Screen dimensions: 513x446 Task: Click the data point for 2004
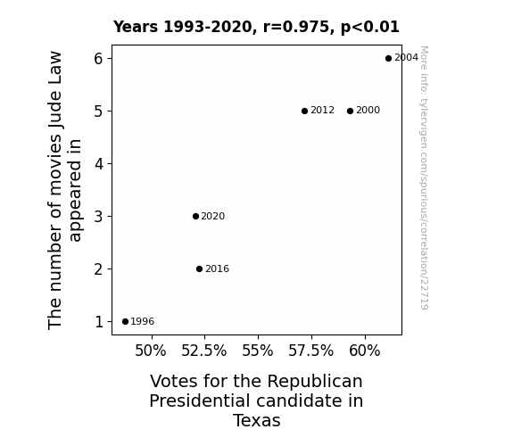388,58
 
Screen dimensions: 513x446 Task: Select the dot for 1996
125,321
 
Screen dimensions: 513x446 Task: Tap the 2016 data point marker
199,268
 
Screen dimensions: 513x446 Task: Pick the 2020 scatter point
195,216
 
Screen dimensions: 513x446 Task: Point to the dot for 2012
304,111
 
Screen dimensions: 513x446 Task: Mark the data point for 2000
350,111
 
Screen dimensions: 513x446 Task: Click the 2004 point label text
406,58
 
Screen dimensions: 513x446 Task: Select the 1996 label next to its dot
143,321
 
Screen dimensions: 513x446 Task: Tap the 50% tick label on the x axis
151,351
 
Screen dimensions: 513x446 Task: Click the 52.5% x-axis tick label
203,351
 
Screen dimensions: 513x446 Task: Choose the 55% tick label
258,351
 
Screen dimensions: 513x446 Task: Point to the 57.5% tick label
310,351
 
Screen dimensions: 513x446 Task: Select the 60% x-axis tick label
365,351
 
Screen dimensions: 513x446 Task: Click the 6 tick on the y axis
98,59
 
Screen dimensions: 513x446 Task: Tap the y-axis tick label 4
98,163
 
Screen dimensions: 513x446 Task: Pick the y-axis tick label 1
99,322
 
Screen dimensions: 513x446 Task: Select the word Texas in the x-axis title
257,420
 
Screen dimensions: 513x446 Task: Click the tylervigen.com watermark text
424,178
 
